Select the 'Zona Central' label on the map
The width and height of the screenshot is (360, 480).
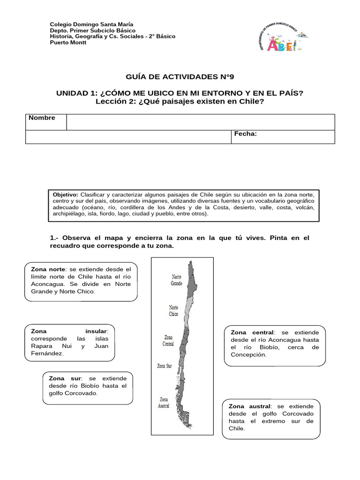tap(169, 340)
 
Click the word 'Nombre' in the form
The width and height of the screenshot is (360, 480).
tap(42, 118)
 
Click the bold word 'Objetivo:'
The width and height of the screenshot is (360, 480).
tap(66, 194)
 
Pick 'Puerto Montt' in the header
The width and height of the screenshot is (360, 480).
tap(68, 43)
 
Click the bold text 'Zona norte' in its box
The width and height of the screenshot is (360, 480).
tap(47, 269)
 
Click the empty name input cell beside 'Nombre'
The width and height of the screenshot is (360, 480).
tap(200, 122)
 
